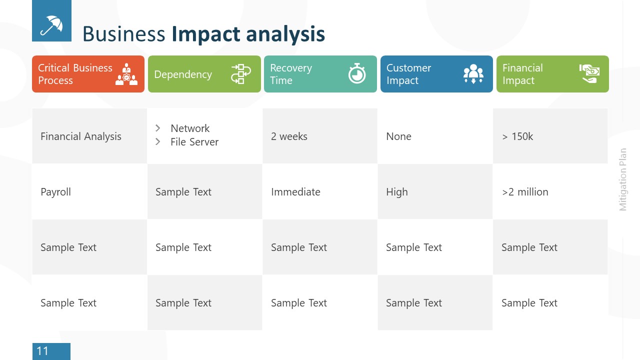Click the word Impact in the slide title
pyautogui.click(x=205, y=34)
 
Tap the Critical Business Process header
pyautogui.click(x=75, y=74)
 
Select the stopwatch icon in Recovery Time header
pyautogui.click(x=357, y=73)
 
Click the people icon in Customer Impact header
pyautogui.click(x=473, y=74)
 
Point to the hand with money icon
pyautogui.click(x=589, y=73)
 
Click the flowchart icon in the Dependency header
pyautogui.click(x=241, y=74)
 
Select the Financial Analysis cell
pyautogui.click(x=81, y=136)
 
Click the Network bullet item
pyautogui.click(x=190, y=128)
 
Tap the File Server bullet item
pyautogui.click(x=194, y=142)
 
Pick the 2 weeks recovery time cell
pyautogui.click(x=289, y=136)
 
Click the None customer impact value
pyautogui.click(x=398, y=136)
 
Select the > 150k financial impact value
pyautogui.click(x=517, y=136)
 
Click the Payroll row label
pyautogui.click(x=55, y=192)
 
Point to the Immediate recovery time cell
pyautogui.click(x=295, y=192)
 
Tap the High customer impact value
pyautogui.click(x=396, y=192)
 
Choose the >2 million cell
pyautogui.click(x=525, y=192)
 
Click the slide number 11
pyautogui.click(x=43, y=351)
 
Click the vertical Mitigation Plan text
pyautogui.click(x=623, y=179)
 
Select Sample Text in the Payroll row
pyautogui.click(x=183, y=192)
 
